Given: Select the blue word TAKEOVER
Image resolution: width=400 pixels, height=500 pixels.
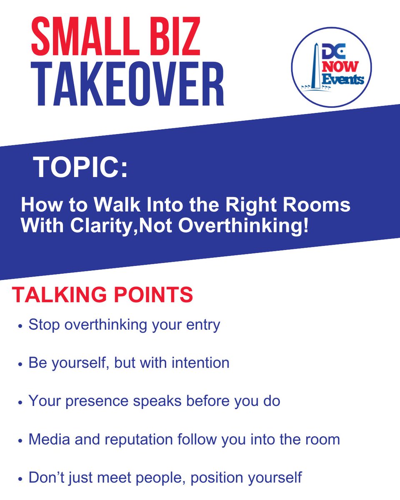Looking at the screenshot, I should click(x=130, y=83).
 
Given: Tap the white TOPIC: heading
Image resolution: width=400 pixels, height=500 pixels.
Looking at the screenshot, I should click(x=81, y=167).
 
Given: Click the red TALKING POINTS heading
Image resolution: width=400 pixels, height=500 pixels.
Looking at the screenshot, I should click(x=102, y=295).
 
